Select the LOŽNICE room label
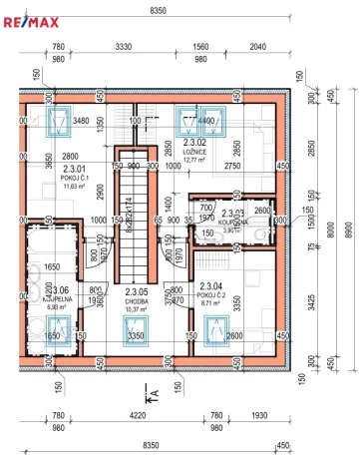(x=194, y=151)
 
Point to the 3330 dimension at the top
(x=125, y=47)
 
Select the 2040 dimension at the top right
(x=257, y=47)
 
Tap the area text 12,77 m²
(x=194, y=159)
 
